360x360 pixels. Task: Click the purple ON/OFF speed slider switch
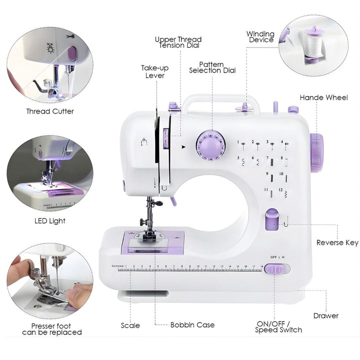pos(273,269)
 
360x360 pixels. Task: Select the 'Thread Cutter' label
pos(50,111)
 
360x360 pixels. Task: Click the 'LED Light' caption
pos(49,220)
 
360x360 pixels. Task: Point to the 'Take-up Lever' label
pos(155,71)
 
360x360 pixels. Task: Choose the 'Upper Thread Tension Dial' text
pos(178,42)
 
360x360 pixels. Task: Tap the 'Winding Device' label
pos(260,37)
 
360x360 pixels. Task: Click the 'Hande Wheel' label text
pos(323,97)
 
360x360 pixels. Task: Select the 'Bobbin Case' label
pos(192,325)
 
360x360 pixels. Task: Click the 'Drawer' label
pos(326,315)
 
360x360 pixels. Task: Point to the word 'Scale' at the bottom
pos(130,325)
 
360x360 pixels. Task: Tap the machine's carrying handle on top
pos(220,98)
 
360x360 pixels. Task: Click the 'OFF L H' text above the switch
pos(277,257)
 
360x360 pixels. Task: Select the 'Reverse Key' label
pos(337,242)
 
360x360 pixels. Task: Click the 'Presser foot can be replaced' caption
pos(52,329)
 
